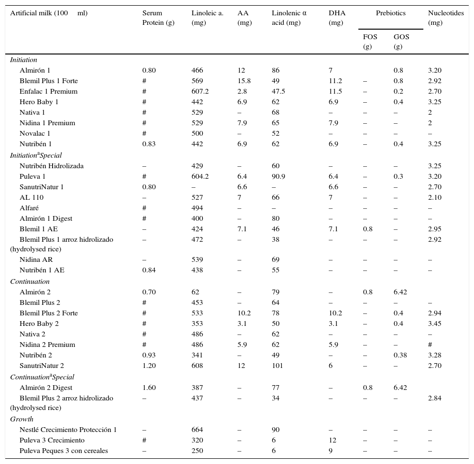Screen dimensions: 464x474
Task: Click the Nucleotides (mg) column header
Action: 445,18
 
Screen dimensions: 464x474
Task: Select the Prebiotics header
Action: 390,13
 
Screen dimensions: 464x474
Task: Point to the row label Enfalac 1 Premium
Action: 48,91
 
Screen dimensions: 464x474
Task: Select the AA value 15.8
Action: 244,81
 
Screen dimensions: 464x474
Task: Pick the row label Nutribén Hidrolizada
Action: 52,166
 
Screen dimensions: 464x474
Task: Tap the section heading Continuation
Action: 30,281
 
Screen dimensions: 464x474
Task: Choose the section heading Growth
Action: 22,419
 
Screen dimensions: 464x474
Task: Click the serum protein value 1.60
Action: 149,388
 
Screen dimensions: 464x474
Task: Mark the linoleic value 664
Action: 197,430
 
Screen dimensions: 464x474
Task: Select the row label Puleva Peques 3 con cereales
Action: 64,451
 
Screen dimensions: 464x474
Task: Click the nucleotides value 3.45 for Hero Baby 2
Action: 435,324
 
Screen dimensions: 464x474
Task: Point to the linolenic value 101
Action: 277,366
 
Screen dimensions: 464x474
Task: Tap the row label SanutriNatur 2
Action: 42,366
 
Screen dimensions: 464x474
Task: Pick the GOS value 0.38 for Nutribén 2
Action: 400,355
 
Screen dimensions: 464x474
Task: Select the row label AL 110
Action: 32,197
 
